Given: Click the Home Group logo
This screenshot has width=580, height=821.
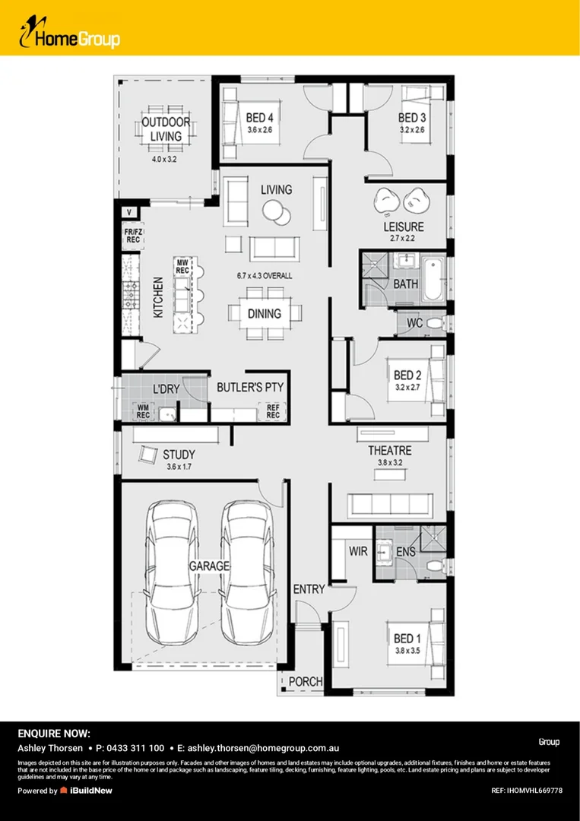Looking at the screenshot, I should tap(70, 35).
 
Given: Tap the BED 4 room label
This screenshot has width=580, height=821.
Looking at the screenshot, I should tap(259, 118).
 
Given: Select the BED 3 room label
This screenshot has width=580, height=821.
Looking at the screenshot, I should tap(411, 118).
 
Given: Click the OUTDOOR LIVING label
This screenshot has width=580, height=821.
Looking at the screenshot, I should tap(166, 129).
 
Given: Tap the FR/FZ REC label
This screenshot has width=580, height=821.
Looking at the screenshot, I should tap(134, 236).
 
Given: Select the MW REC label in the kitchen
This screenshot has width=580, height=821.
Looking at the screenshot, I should tap(182, 265).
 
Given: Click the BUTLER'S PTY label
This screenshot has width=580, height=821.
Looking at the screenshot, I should tap(250, 388).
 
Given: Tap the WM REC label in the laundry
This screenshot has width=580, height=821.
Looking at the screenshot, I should tap(143, 412).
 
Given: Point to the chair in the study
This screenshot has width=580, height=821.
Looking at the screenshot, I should tap(147, 454).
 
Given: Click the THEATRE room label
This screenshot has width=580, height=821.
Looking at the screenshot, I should tap(389, 451).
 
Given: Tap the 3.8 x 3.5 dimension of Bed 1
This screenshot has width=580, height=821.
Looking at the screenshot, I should tap(407, 651).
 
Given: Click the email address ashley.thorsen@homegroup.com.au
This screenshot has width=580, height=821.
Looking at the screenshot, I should tap(263, 748).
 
